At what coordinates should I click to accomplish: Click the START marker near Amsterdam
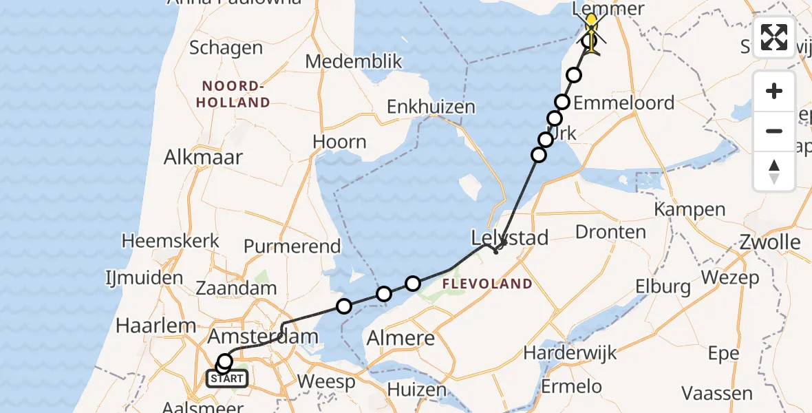tap(227, 378)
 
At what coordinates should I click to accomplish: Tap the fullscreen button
tap(774, 37)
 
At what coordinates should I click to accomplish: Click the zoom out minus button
tap(774, 131)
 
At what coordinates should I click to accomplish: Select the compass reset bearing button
tap(774, 171)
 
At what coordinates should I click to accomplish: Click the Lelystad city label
tap(509, 239)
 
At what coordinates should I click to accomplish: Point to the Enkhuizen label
tap(431, 107)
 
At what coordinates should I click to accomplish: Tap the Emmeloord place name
tap(623, 103)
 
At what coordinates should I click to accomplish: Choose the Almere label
tap(401, 338)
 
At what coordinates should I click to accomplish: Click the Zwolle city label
tap(770, 242)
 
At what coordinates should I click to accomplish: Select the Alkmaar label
tap(203, 157)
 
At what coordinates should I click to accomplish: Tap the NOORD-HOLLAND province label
tap(235, 94)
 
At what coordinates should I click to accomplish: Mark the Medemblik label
tap(354, 61)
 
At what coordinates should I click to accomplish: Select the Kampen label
tap(690, 209)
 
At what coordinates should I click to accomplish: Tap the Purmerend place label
tap(292, 246)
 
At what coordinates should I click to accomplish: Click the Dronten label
tap(610, 232)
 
